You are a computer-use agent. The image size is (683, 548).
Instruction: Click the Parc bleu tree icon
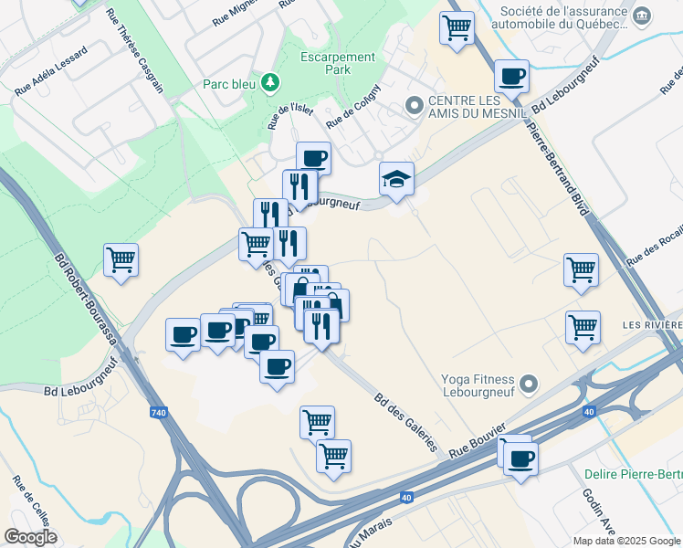click(269, 84)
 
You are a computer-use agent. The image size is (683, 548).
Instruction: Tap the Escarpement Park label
click(338, 63)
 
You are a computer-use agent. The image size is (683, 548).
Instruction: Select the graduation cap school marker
click(397, 179)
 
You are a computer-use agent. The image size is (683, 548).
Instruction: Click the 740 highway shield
click(159, 413)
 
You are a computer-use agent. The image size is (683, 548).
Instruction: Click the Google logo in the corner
click(30, 537)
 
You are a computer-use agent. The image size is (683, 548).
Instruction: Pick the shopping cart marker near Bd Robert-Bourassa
click(121, 260)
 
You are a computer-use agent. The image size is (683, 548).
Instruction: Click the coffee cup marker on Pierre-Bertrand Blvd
click(512, 76)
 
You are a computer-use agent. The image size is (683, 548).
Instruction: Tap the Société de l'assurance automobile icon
click(642, 16)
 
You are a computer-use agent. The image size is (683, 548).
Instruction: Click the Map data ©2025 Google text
click(625, 541)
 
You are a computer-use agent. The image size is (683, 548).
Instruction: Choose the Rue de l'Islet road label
click(290, 115)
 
